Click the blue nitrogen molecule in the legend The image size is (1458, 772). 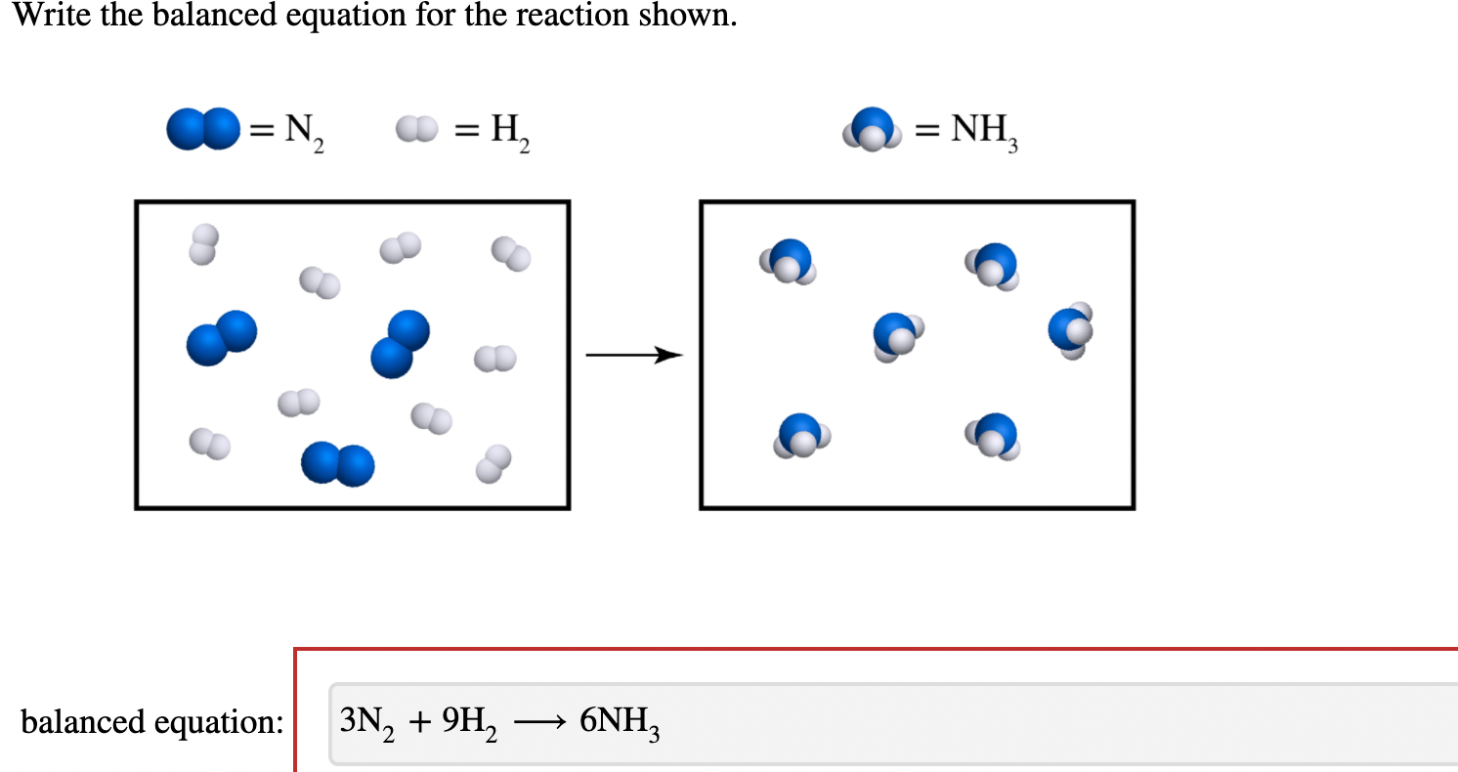click(202, 130)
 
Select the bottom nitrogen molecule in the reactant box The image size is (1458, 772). click(337, 464)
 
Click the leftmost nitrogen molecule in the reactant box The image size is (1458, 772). click(222, 339)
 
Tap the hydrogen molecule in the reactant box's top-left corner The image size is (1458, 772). click(204, 244)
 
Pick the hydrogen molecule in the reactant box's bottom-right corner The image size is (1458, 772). click(493, 464)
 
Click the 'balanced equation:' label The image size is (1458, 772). click(152, 722)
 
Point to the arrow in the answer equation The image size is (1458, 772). click(538, 723)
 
